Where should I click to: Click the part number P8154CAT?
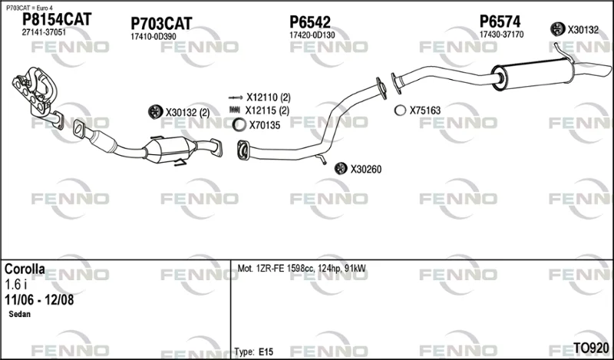(56, 19)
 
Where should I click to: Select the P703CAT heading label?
(161, 24)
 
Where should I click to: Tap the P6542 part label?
(310, 22)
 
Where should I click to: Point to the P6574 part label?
(500, 21)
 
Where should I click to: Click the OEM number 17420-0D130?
(312, 35)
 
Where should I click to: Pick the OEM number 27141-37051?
(44, 32)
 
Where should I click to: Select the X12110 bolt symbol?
(236, 97)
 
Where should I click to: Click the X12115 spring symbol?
(235, 110)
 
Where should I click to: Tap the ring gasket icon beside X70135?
(239, 125)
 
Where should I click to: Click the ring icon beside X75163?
(400, 111)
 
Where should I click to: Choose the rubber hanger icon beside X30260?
(341, 168)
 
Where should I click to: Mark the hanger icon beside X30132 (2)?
(156, 111)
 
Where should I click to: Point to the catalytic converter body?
(169, 150)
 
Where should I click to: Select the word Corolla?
(25, 269)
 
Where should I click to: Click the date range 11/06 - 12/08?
(39, 300)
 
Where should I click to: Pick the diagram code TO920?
(591, 348)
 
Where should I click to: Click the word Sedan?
(20, 314)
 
